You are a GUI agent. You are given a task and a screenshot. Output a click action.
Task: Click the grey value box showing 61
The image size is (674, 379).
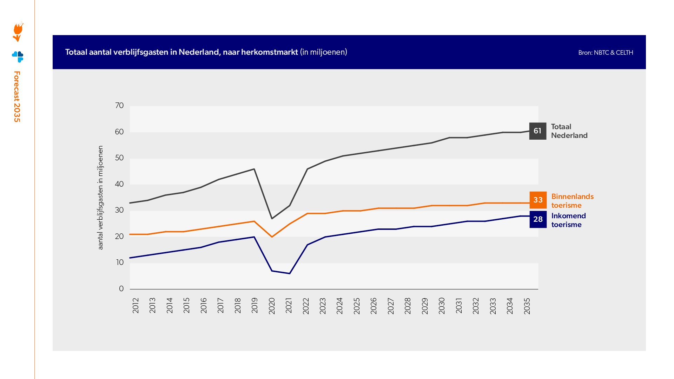pos(537,131)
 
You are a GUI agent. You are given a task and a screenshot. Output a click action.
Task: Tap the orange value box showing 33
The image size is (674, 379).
pos(538,200)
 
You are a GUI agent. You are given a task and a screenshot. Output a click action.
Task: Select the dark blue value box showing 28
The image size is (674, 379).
pos(538,219)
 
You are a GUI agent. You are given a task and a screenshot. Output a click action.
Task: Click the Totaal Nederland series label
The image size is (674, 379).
pos(569,131)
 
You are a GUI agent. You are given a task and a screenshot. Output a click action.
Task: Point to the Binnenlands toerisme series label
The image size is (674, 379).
pos(572,201)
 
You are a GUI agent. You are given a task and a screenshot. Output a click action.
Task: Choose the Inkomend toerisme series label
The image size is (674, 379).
pos(568,220)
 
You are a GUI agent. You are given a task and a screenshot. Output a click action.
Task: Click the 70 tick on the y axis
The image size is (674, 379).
pos(119,106)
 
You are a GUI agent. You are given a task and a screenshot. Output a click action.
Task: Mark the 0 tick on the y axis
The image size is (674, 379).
pos(121,288)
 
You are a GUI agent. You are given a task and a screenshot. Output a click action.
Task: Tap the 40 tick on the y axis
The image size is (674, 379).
pos(119,184)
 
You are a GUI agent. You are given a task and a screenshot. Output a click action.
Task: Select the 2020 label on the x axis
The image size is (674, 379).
pos(272,306)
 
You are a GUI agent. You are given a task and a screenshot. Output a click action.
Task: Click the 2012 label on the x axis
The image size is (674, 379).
pos(136,306)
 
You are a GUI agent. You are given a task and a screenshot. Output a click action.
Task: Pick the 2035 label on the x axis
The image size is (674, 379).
pos(527,306)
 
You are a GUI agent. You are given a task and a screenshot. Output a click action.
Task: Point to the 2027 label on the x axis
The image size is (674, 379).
pos(391,306)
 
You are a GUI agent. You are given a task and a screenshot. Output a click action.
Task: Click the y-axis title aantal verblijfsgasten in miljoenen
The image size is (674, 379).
pos(100,198)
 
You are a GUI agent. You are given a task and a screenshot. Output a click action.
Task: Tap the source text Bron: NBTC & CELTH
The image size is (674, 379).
pos(606,53)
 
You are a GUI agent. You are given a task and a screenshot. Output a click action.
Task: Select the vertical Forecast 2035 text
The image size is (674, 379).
pos(17,97)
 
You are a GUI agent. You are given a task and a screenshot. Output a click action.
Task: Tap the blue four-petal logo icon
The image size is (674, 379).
pos(18,56)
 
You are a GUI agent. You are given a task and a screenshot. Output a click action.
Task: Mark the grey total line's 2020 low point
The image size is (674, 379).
pos(272,219)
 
